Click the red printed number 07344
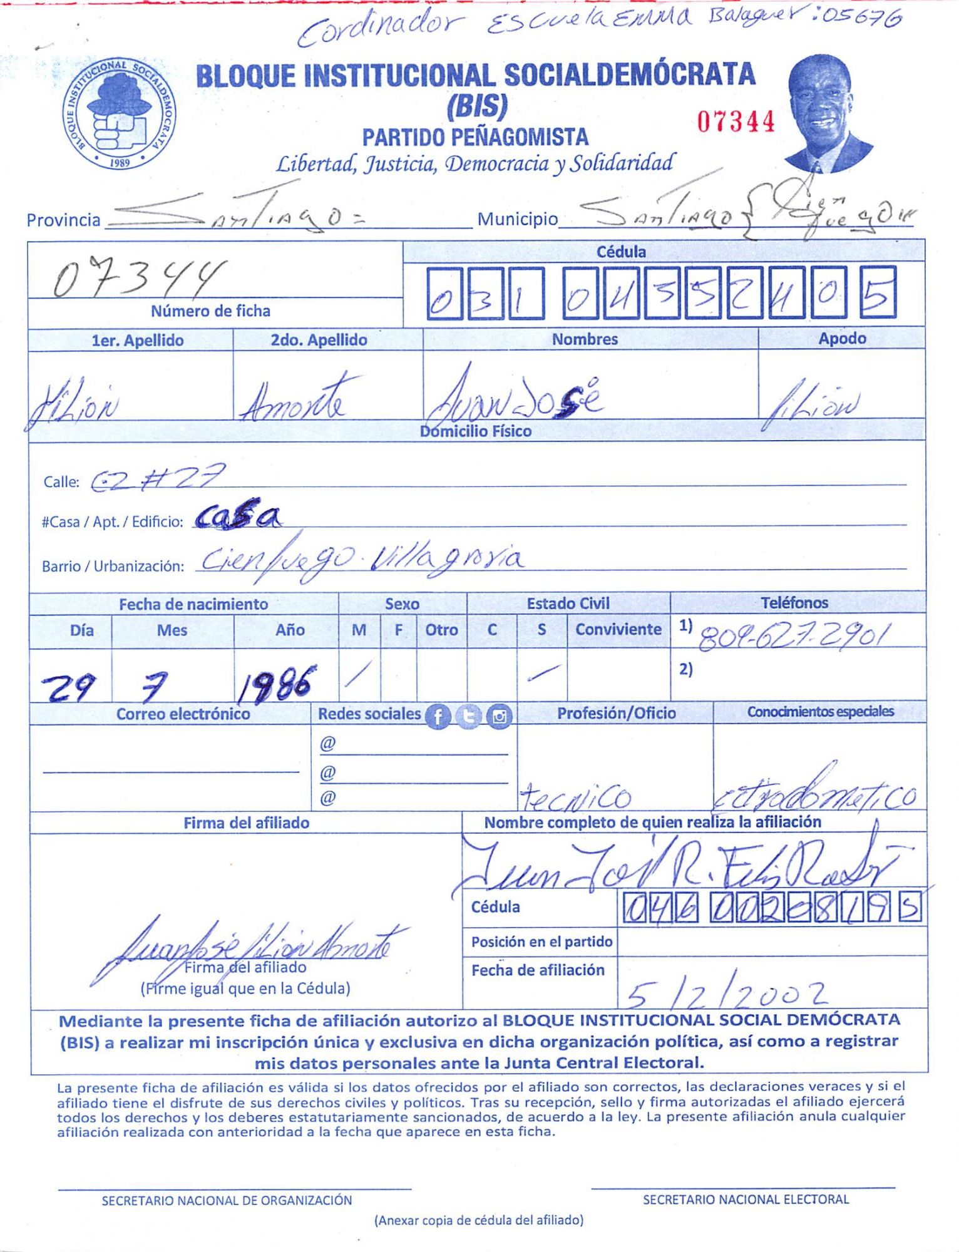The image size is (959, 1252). tap(736, 121)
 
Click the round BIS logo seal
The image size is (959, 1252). tap(119, 114)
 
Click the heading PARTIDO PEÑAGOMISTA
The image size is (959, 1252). tap(475, 137)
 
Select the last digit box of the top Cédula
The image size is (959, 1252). tap(878, 292)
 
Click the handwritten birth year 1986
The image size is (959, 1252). tap(275, 682)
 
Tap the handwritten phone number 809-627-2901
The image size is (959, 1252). tap(792, 637)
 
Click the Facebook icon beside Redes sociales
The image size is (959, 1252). tap(438, 716)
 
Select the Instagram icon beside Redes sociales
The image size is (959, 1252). tap(499, 716)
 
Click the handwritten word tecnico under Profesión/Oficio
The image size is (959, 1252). tap(575, 798)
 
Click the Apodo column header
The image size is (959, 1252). tap(842, 339)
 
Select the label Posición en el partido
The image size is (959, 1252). tap(541, 942)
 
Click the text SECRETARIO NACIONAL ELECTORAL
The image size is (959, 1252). tap(746, 1199)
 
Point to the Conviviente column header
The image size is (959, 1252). tap(618, 629)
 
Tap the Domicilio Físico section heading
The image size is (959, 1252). tap(476, 431)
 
